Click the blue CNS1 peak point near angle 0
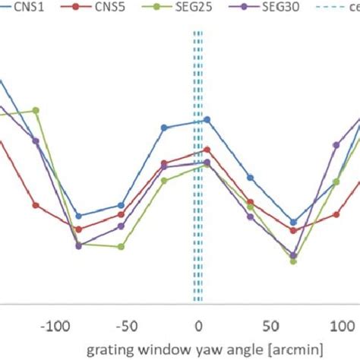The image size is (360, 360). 207,119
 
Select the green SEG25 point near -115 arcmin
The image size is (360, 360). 36,111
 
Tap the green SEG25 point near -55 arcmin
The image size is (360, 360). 122,247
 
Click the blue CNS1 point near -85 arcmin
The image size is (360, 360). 78,216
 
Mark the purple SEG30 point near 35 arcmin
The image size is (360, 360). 250,217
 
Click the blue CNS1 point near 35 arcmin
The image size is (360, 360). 250,178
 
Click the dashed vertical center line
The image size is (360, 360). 197,228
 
